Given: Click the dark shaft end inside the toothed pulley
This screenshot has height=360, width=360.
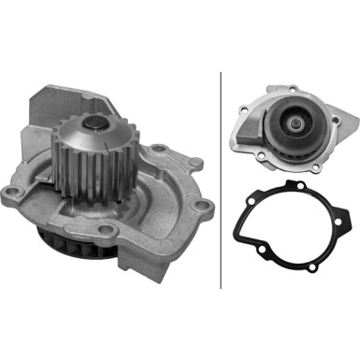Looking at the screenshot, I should (95, 123).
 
